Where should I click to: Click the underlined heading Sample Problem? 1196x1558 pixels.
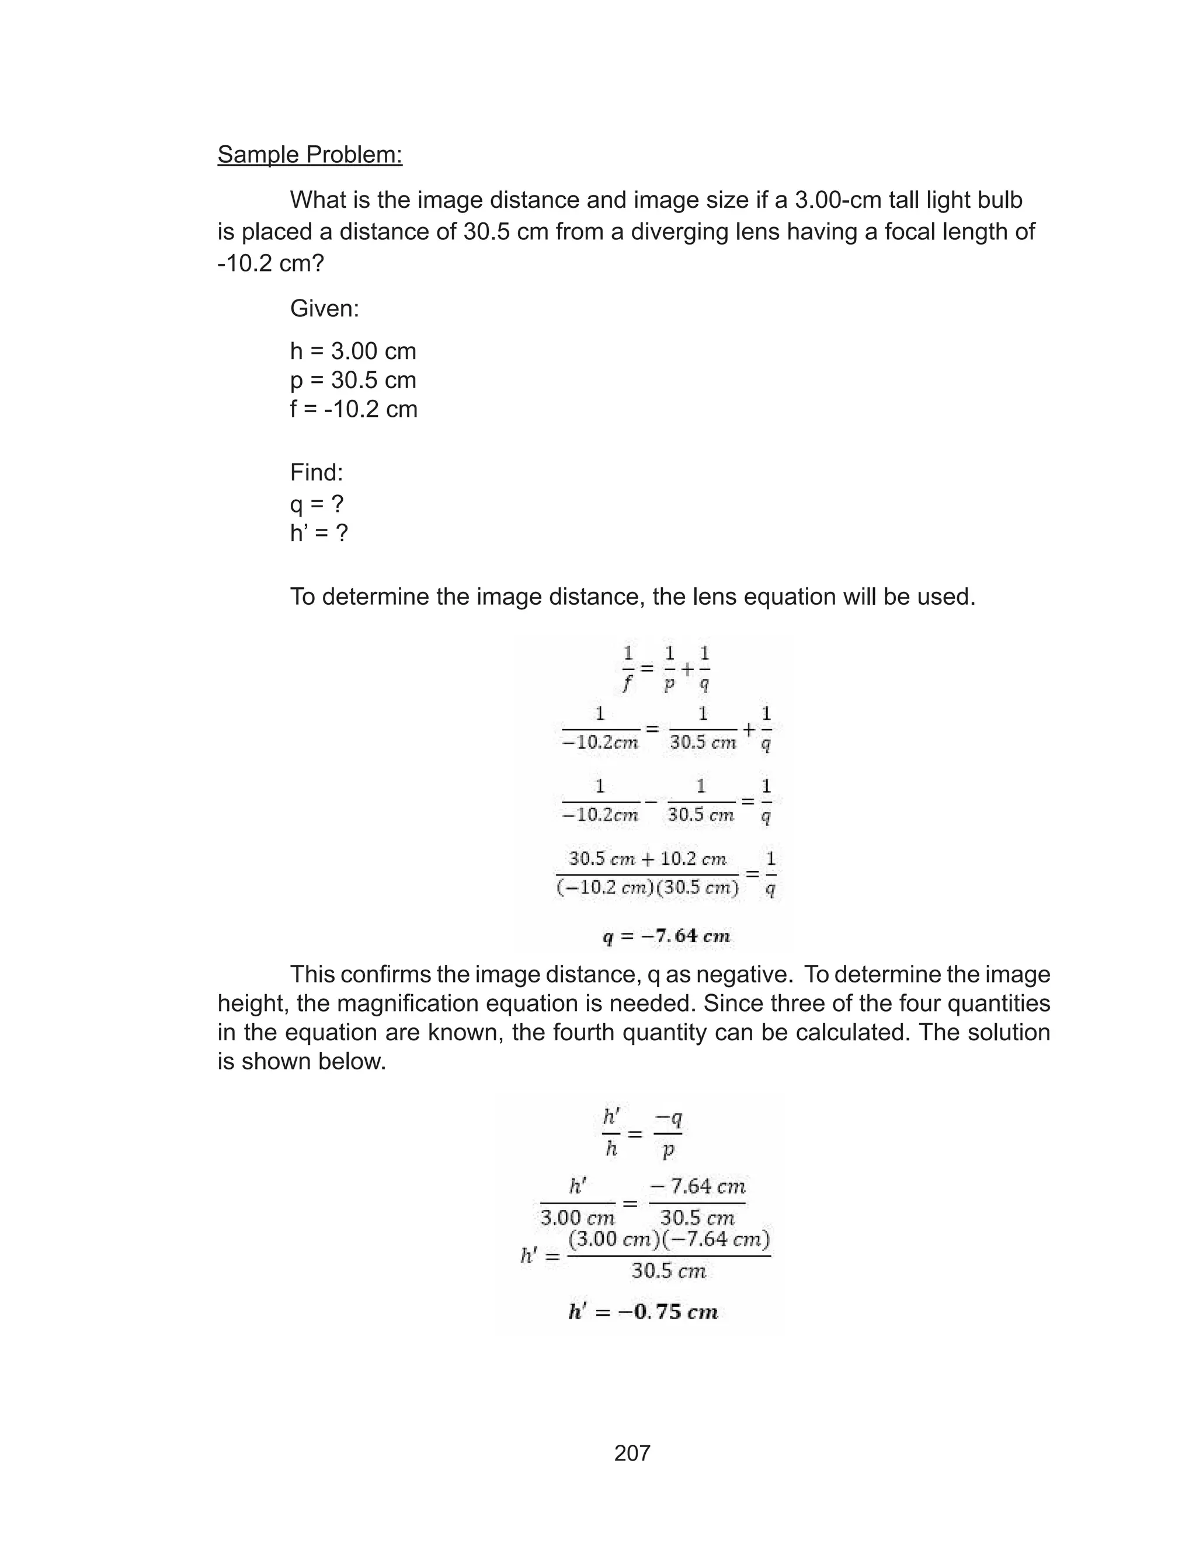pos(310,154)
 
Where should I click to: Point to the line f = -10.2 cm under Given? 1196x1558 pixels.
pos(353,409)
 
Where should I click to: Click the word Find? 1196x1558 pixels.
pos(316,472)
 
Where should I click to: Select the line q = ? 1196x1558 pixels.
pos(316,504)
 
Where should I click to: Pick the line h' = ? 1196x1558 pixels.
pos(318,533)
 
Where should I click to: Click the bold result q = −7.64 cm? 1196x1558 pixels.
pos(666,936)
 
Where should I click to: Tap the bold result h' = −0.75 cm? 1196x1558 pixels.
pos(643,1311)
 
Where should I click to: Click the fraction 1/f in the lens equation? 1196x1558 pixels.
pos(628,669)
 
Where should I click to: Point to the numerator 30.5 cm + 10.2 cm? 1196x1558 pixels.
pos(647,859)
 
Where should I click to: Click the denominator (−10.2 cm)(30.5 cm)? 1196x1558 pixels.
pos(647,888)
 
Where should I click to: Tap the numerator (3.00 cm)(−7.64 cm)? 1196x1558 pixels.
pos(669,1239)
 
